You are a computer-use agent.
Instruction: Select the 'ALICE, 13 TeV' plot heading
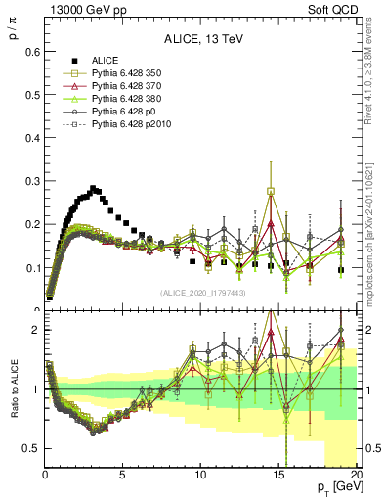click(x=203, y=40)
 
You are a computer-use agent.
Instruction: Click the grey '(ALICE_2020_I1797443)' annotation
click(x=203, y=293)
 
